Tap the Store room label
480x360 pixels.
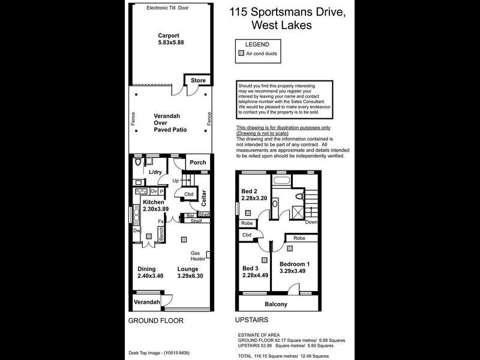[x=198, y=80]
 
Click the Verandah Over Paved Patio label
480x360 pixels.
[x=170, y=122]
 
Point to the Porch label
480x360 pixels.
[x=197, y=163]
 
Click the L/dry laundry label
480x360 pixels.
[x=155, y=173]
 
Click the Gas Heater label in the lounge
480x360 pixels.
[x=198, y=256]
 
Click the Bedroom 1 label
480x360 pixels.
[x=295, y=268]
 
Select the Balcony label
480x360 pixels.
[x=276, y=304]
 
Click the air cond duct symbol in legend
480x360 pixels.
[x=241, y=53]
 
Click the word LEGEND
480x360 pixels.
[x=257, y=44]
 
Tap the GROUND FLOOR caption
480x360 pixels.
[x=156, y=321]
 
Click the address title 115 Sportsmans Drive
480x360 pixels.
[x=287, y=12]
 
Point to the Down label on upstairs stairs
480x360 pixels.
[x=311, y=222]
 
